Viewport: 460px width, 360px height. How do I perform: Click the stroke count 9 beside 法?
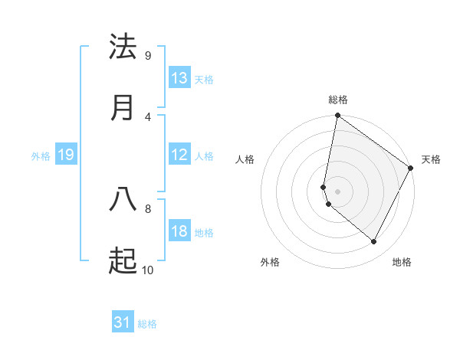(x=148, y=55)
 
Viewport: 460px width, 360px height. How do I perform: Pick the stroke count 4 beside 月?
(x=148, y=116)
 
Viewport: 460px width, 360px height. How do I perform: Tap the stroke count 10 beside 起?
(x=147, y=270)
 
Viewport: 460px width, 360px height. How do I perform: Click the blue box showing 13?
(x=179, y=78)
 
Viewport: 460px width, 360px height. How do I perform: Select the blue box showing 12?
(x=179, y=155)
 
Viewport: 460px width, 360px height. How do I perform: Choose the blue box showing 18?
(x=179, y=231)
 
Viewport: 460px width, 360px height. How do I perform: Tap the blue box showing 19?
(x=66, y=155)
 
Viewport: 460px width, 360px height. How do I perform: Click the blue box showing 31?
(x=123, y=322)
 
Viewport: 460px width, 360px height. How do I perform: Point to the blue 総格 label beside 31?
(x=147, y=324)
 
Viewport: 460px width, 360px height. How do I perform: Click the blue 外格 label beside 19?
(x=41, y=156)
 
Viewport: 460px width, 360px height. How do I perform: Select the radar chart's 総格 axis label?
(x=338, y=100)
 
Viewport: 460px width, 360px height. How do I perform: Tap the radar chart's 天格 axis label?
(x=431, y=159)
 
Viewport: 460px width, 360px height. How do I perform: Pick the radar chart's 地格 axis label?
(x=402, y=262)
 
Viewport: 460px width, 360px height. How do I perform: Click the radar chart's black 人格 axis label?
(x=245, y=159)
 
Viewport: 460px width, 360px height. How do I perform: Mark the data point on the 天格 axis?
(x=412, y=169)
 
